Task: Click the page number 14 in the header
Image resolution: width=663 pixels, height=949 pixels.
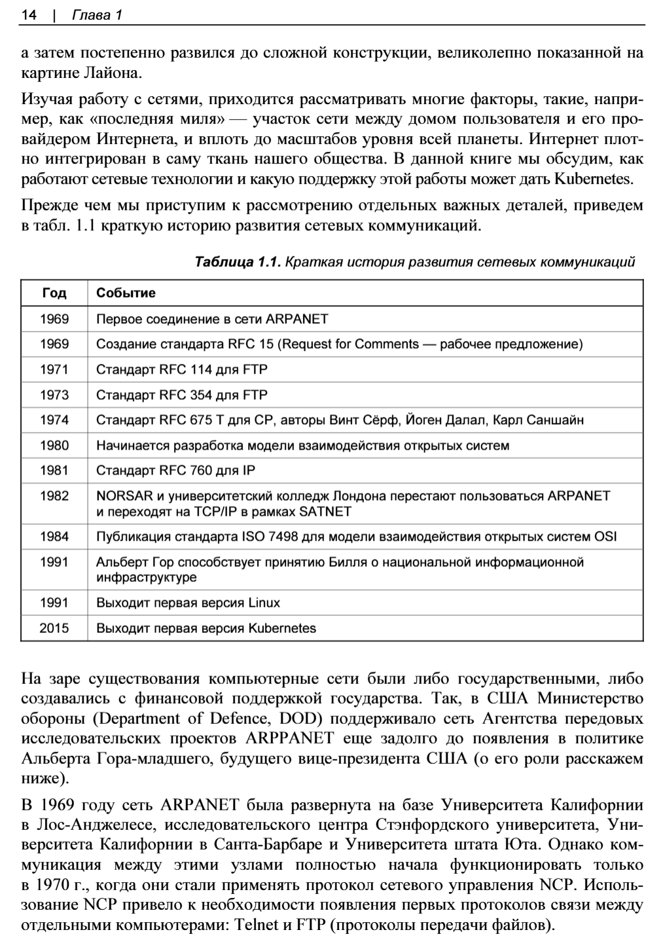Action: [28, 14]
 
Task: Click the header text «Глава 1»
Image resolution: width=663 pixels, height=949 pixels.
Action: [98, 14]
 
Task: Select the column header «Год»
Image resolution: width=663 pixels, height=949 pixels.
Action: [54, 293]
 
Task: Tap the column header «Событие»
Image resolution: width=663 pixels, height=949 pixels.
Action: [126, 293]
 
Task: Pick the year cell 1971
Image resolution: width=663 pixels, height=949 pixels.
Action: [54, 369]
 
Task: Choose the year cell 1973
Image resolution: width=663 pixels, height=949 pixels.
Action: [54, 395]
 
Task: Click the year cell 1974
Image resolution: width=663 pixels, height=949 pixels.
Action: [54, 420]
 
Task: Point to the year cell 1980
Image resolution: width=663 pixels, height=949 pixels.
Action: [54, 445]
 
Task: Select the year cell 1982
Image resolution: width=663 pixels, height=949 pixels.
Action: [54, 495]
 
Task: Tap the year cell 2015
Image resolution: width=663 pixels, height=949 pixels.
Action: [54, 628]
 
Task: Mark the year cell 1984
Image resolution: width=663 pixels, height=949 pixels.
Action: [54, 537]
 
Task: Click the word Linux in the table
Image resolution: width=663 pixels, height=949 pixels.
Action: [264, 602]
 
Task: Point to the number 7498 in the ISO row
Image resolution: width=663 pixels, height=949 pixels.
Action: [283, 537]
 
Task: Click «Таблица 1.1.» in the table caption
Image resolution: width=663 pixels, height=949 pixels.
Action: [238, 262]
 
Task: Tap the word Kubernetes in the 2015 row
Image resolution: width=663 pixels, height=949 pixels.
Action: [282, 628]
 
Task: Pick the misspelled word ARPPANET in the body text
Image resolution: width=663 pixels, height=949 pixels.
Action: [289, 738]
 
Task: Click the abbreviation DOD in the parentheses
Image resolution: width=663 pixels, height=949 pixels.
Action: [300, 719]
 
